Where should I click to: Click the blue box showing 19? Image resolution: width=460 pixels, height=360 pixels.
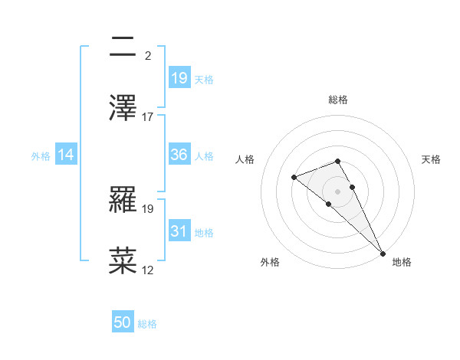(179, 77)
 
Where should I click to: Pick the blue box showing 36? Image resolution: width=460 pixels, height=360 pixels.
(179, 155)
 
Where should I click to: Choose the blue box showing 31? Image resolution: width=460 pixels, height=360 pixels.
(179, 231)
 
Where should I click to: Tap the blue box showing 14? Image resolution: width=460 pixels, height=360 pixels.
(66, 155)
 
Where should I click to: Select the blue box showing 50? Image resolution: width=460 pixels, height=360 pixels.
(123, 322)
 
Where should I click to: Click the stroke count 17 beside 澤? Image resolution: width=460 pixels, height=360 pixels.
(148, 117)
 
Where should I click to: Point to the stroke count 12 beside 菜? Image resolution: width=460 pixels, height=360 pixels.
(148, 270)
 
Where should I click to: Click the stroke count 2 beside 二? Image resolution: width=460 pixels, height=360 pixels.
(147, 56)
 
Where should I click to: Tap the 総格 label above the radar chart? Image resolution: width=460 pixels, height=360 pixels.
(338, 100)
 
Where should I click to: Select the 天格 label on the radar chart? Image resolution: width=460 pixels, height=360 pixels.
(432, 159)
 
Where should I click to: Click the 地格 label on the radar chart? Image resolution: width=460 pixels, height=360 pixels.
(402, 262)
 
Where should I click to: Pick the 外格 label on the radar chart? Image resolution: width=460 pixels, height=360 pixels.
(270, 262)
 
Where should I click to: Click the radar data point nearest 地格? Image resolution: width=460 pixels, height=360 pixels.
(382, 253)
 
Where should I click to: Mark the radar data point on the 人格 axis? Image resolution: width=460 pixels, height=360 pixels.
(294, 178)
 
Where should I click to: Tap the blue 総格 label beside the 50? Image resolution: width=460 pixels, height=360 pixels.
(148, 323)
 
